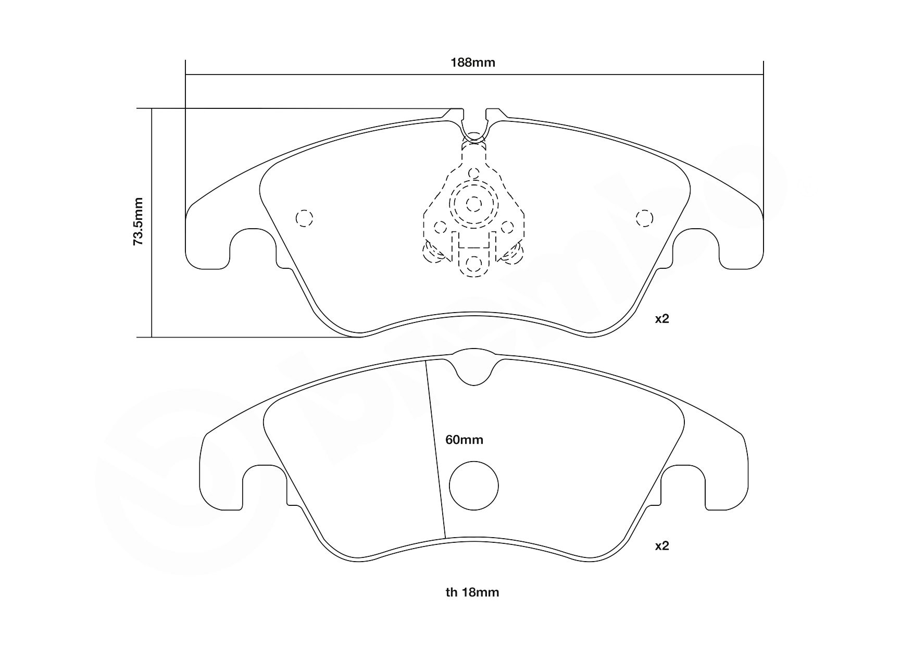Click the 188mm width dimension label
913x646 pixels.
(472, 63)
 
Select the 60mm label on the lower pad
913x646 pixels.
(464, 440)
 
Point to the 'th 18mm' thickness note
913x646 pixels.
(472, 592)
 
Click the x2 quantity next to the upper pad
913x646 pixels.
(661, 319)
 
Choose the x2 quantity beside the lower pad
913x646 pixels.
(661, 546)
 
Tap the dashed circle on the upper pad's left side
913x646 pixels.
(304, 218)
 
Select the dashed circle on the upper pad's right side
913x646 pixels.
(644, 218)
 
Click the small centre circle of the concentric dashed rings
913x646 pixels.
(473, 204)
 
